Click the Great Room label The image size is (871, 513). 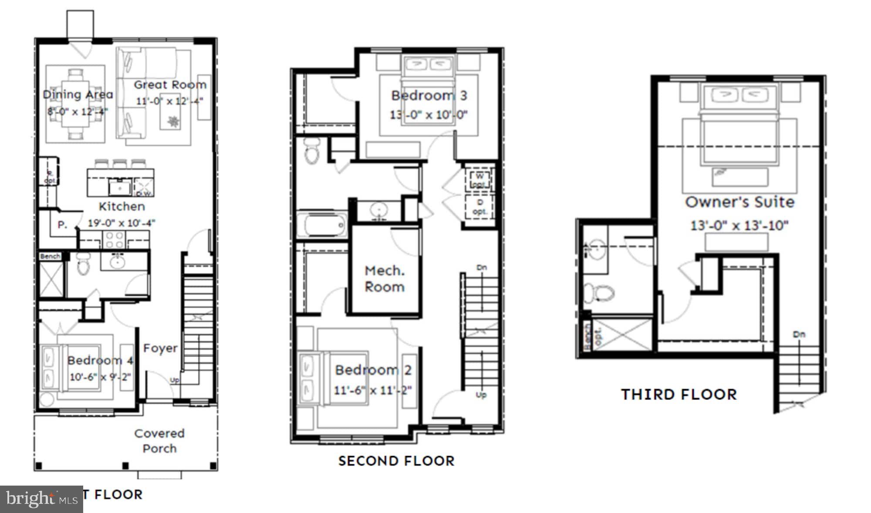[x=170, y=85]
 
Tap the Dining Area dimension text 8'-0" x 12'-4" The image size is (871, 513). [x=78, y=111]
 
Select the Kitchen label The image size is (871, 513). [x=122, y=206]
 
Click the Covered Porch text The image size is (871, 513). [x=159, y=441]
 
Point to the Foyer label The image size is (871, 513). [x=160, y=348]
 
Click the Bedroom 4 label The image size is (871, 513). [x=100, y=360]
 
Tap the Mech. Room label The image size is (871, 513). [x=385, y=279]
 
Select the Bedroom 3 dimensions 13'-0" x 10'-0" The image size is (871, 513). [x=429, y=115]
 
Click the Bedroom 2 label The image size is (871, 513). [x=373, y=370]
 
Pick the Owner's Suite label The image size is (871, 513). [x=739, y=202]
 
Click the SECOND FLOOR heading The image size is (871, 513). [x=396, y=461]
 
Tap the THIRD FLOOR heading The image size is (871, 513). [x=679, y=394]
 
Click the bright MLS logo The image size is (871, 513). [x=41, y=499]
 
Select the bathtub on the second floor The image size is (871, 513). [x=322, y=225]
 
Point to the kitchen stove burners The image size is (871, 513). [x=114, y=240]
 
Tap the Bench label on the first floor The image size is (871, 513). [x=50, y=256]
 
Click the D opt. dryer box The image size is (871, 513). [x=479, y=207]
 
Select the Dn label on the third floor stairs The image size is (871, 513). [x=799, y=334]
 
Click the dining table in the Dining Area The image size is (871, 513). [x=76, y=104]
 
